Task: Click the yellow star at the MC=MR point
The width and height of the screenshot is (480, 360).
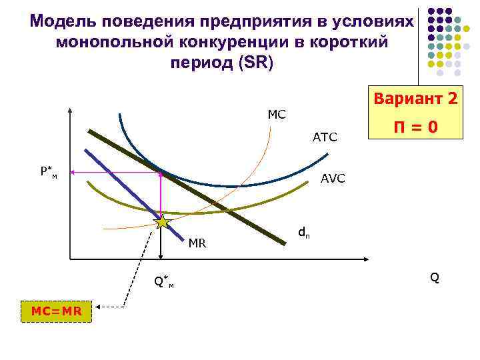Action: (162, 222)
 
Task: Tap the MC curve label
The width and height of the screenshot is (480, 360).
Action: (277, 115)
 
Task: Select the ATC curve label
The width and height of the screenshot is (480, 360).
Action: (325, 138)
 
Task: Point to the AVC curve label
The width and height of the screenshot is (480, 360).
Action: (333, 179)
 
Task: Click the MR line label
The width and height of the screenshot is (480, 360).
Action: (197, 243)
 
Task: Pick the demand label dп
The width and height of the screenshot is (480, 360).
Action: (303, 233)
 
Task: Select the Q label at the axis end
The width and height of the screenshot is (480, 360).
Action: (435, 277)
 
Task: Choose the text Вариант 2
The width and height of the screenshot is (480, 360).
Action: (415, 99)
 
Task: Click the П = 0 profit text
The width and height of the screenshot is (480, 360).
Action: (415, 126)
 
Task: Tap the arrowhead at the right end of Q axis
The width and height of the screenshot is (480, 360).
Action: (367, 258)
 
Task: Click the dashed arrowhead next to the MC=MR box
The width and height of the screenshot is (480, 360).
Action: (97, 307)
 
